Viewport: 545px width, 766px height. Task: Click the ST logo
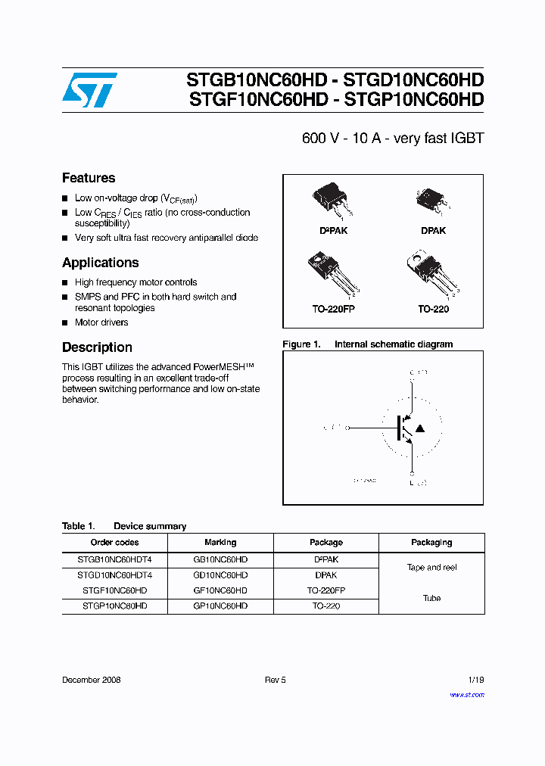click(89, 90)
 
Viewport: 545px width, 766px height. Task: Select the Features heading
click(89, 178)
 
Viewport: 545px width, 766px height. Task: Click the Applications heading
click(100, 263)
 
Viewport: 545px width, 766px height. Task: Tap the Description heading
click(97, 347)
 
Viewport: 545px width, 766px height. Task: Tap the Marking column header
click(220, 542)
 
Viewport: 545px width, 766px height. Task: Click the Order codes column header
click(114, 542)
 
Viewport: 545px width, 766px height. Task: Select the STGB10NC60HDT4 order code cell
click(114, 560)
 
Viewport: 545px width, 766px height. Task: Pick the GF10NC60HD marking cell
click(220, 590)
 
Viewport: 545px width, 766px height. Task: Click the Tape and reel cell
click(431, 567)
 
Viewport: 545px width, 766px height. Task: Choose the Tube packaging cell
click(431, 598)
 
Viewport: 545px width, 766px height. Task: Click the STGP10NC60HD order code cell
click(114, 606)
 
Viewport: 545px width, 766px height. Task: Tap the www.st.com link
click(466, 695)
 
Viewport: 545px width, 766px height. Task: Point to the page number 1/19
click(475, 680)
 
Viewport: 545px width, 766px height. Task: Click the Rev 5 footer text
click(275, 680)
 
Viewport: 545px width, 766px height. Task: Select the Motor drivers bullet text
click(101, 322)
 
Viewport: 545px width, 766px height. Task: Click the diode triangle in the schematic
click(420, 428)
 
